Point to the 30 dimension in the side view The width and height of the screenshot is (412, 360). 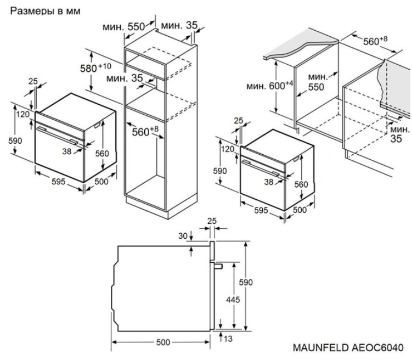coord(183,236)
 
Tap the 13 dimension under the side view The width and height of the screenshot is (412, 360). coord(228,339)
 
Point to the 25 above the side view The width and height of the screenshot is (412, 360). coord(212,221)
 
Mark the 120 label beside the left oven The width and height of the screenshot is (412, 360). coord(22,114)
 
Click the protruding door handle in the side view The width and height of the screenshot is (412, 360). coord(218,266)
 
